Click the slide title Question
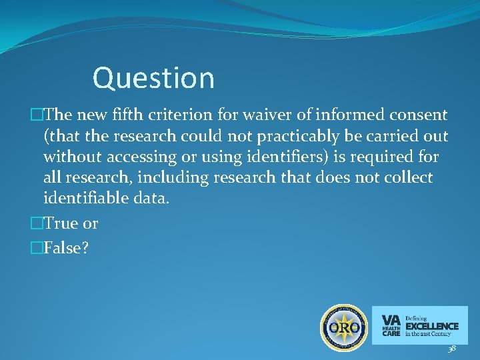point(153,78)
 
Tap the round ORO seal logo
point(343,327)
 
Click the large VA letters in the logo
point(391,319)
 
